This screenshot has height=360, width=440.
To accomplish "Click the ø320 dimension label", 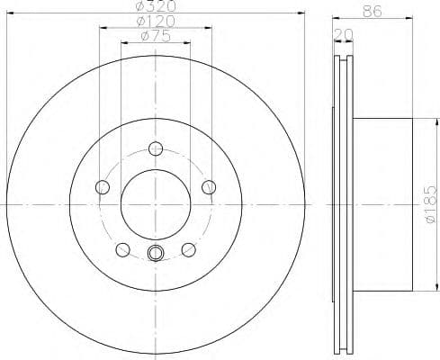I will pos(155,7).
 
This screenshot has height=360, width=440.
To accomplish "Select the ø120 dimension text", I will pos(156,22).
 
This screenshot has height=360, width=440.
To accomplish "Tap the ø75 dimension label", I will pos(157,37).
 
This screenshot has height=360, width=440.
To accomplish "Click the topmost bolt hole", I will pos(156,148).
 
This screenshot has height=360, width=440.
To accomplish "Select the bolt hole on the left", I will pos(102,187).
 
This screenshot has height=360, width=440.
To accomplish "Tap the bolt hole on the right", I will pos(210,187).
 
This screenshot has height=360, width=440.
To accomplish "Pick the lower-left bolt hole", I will pos(122,250).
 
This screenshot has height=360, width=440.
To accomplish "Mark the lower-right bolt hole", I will pos(189,250).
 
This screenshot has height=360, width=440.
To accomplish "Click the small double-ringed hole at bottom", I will pos(156,254).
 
